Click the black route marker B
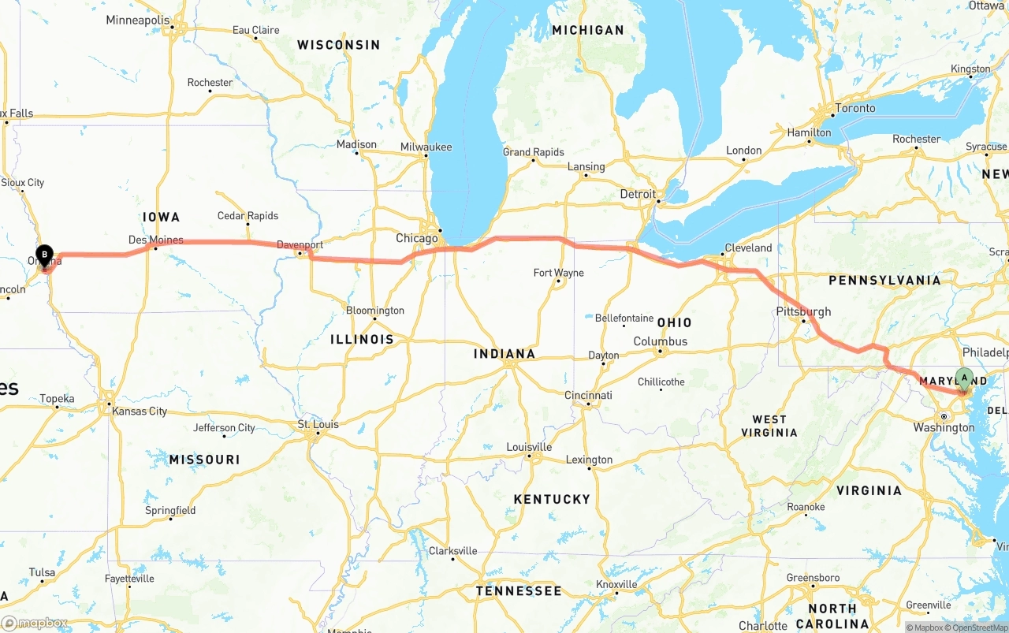click(45, 255)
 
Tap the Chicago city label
click(416, 238)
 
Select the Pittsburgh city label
click(803, 311)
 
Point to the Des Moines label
click(155, 240)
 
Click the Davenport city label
click(300, 245)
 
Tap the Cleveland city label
click(748, 248)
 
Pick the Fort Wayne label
click(558, 273)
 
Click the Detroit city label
click(637, 194)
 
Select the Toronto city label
click(854, 108)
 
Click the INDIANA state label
click(504, 354)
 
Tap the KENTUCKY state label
click(552, 499)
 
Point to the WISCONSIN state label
click(338, 45)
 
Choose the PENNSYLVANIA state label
click(884, 280)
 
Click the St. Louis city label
click(318, 424)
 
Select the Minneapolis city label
click(137, 20)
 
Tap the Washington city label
click(944, 427)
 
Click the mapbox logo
click(34, 623)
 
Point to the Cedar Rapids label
click(248, 216)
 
